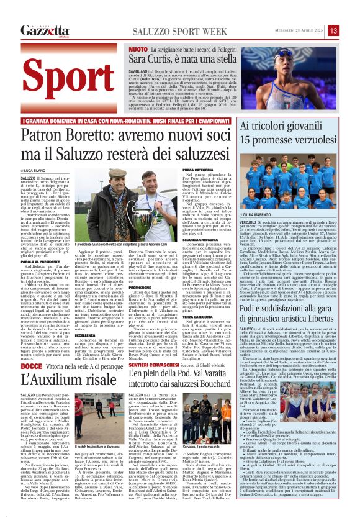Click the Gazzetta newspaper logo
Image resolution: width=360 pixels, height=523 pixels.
[44, 30]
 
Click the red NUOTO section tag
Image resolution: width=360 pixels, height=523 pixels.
[138, 48]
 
